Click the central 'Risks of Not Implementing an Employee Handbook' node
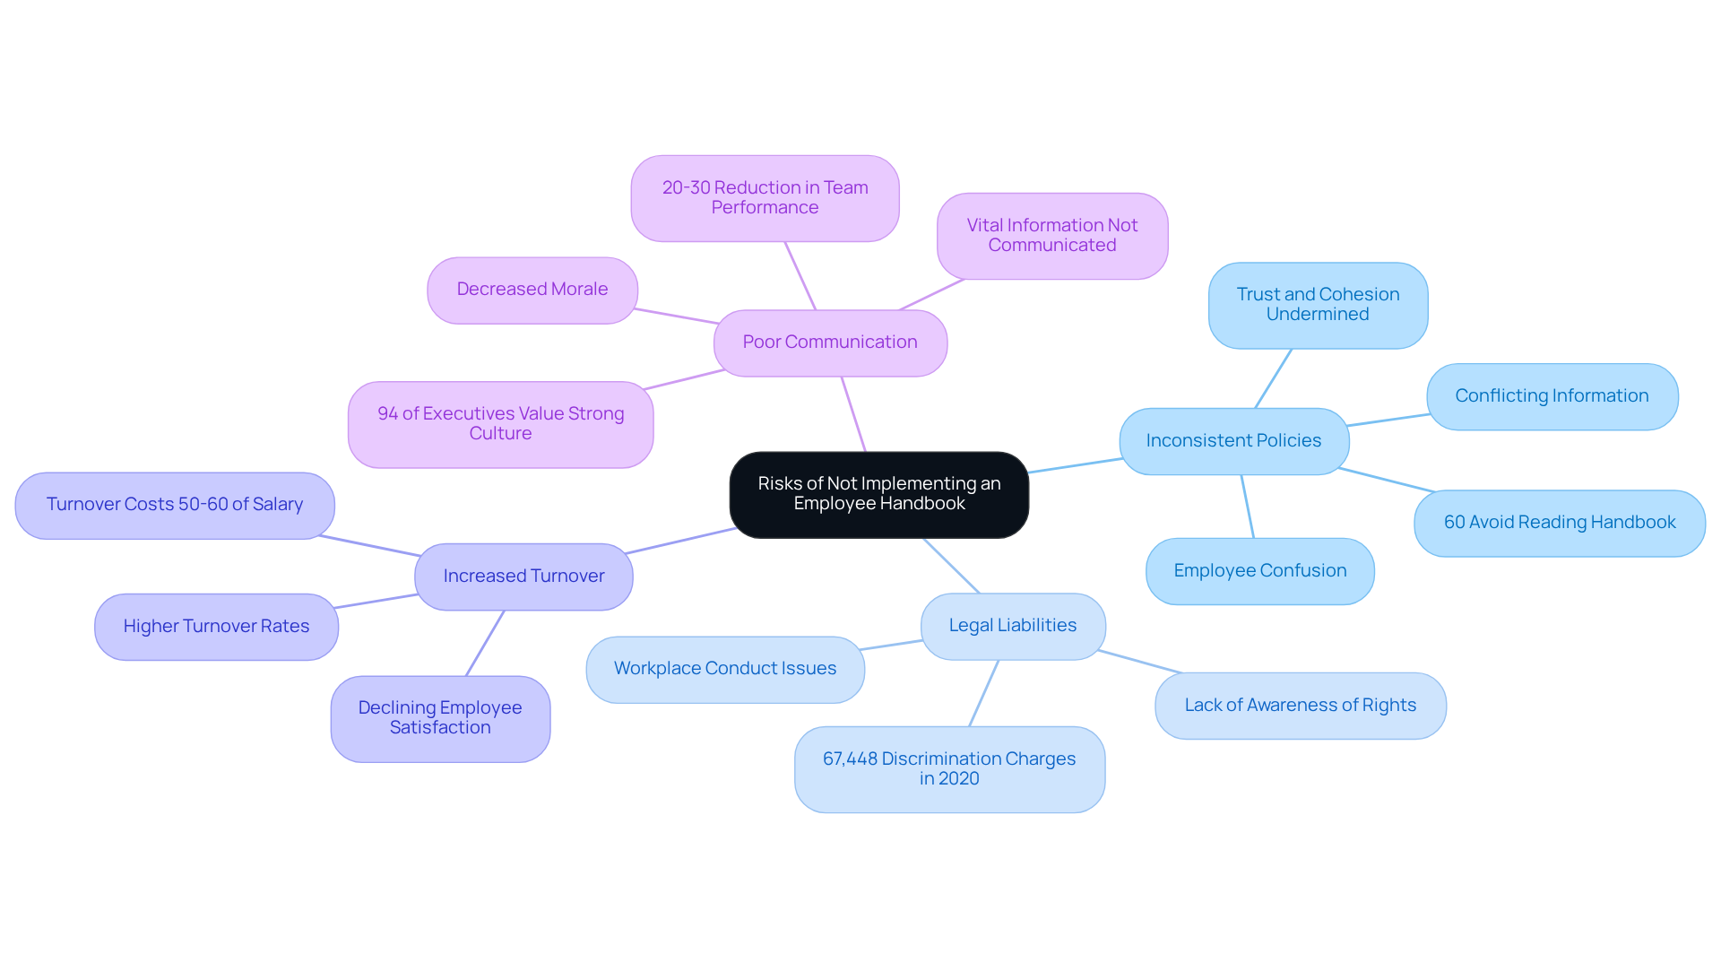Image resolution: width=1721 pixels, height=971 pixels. coord(878,494)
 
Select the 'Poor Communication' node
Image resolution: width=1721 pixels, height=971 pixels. coord(830,342)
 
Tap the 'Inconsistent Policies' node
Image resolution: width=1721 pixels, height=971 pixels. coord(1233,441)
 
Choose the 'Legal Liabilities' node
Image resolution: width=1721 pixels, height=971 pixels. coord(1013,626)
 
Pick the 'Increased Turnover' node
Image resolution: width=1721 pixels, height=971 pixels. coord(523,577)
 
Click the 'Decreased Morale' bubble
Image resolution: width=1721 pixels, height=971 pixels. coord(532,290)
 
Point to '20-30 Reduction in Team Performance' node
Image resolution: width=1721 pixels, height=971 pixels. coord(765,198)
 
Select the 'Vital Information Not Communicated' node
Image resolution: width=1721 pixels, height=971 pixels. coord(1052,236)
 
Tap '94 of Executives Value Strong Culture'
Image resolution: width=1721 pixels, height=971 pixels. coord(500,424)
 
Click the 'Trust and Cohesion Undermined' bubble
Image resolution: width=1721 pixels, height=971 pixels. coord(1318,305)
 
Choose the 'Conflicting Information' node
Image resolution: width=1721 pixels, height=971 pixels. coord(1552,396)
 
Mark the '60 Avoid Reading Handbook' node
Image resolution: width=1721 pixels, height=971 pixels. coord(1560,523)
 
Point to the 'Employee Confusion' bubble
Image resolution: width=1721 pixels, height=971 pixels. coord(1259,571)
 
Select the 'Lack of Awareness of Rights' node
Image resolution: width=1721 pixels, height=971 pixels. coord(1300,706)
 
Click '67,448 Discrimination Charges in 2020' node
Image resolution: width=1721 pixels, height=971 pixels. coord(949,769)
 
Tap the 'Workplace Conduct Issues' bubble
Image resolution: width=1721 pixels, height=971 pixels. coord(724,669)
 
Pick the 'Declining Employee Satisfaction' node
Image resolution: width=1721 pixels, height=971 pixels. coord(440,718)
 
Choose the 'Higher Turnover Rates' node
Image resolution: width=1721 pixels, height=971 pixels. coord(216,627)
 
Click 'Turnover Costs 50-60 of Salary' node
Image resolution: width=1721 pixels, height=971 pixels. coord(175,505)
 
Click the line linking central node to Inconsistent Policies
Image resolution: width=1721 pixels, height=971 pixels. coord(1075,465)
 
